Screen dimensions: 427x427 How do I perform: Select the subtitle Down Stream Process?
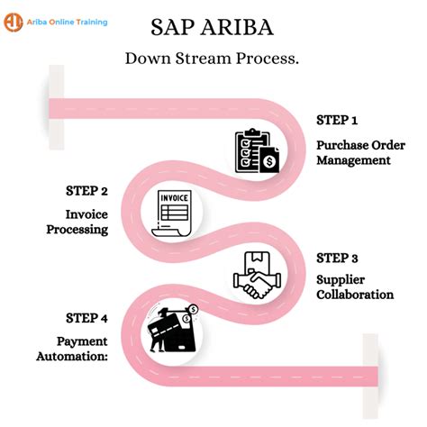pyautogui.click(x=213, y=59)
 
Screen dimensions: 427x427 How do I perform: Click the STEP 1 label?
pyautogui.click(x=337, y=121)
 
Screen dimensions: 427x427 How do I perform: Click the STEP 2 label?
pyautogui.click(x=87, y=191)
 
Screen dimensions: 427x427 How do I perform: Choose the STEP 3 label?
pyautogui.click(x=337, y=258)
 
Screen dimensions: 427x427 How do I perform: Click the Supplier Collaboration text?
pyautogui.click(x=354, y=286)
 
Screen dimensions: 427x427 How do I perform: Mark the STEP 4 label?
pyautogui.click(x=87, y=318)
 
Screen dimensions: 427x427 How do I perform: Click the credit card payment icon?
pyautogui.click(x=172, y=334)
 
